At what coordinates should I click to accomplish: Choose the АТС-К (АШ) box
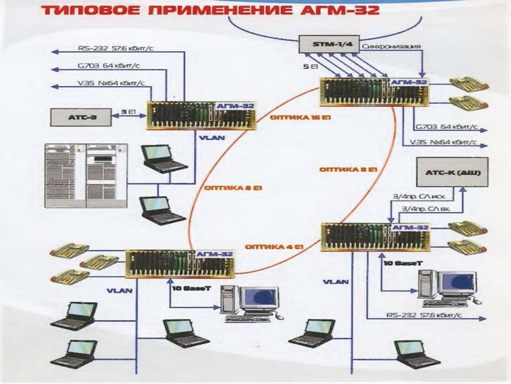click(452, 173)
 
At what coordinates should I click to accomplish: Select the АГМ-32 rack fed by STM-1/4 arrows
click(374, 92)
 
